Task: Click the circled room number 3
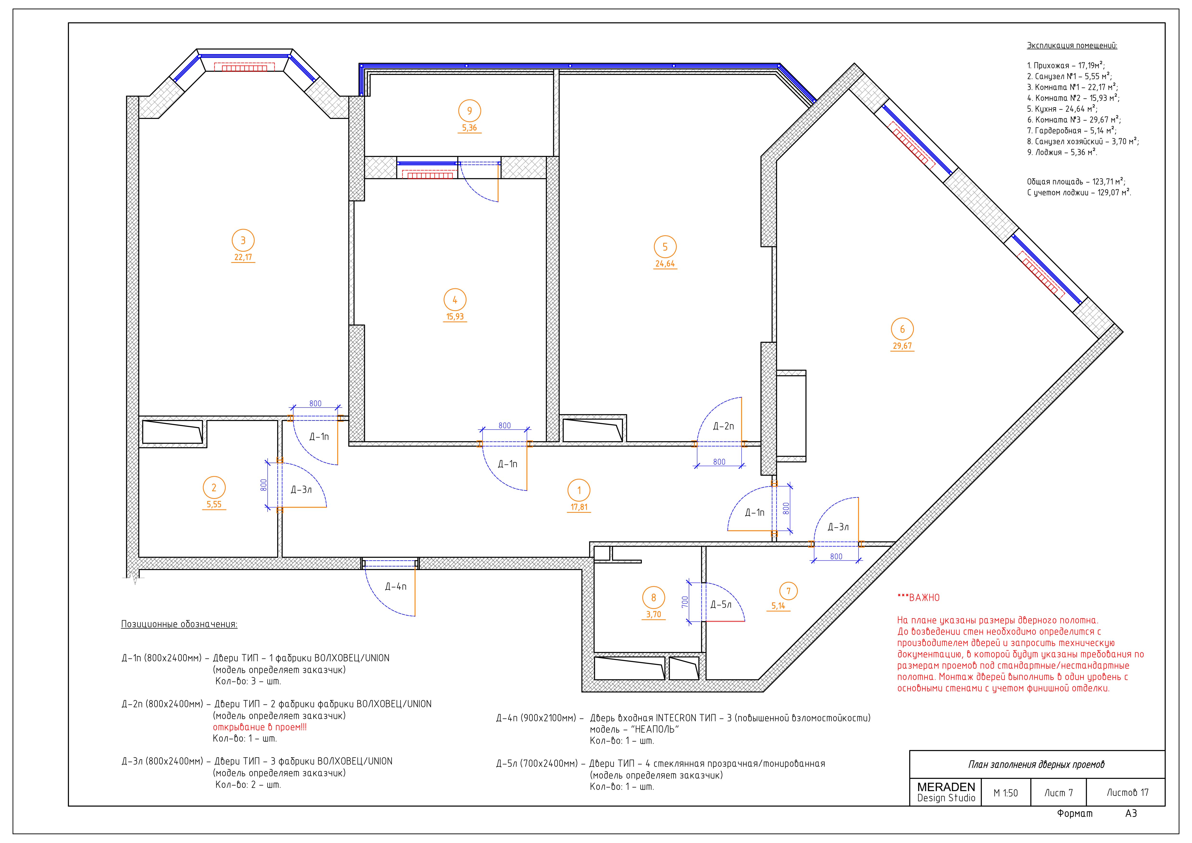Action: pos(243,241)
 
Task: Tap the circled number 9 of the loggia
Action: pos(469,111)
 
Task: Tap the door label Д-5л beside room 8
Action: pos(721,605)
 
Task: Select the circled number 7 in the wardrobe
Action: pos(788,591)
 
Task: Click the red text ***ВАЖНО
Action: pos(918,598)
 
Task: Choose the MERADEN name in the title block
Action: pos(946,787)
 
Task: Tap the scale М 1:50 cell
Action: pos(1006,793)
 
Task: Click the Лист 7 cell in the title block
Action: pos(1059,793)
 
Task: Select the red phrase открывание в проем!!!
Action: pos(260,727)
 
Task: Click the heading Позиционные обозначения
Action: pos(179,624)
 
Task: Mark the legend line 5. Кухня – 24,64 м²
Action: pos(1062,109)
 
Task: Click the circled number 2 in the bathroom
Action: pos(214,488)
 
